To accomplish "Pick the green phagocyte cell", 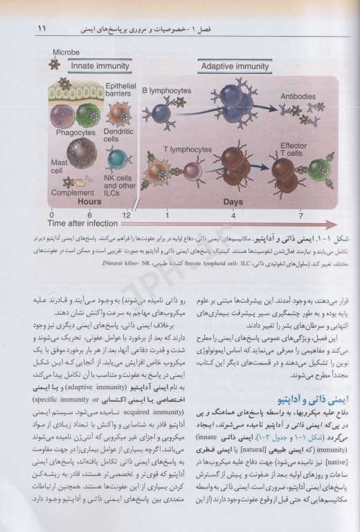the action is click(x=85, y=113).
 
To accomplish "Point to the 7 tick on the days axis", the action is click(x=300, y=215).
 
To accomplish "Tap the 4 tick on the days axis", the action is click(x=233, y=215).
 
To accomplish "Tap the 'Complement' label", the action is click(x=69, y=195).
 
